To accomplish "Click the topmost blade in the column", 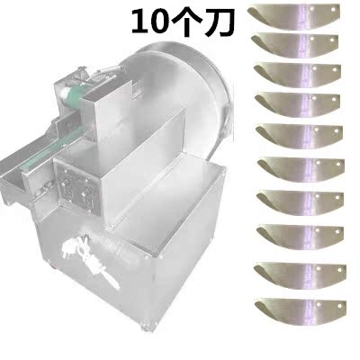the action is [x=294, y=16].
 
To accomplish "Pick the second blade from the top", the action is [x=294, y=46].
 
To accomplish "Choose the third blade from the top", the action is [x=297, y=75].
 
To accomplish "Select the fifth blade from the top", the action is [x=300, y=138].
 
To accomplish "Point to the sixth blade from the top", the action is [x=301, y=170].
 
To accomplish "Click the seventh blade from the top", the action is [x=301, y=203].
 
